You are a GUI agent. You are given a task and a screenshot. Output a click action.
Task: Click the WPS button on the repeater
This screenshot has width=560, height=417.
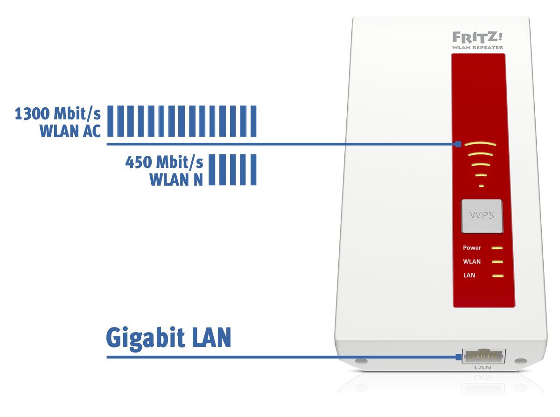point(481,216)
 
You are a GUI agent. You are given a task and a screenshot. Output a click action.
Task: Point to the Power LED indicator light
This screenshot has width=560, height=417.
point(497,248)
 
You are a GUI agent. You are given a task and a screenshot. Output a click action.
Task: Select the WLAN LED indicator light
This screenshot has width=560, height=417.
point(497,262)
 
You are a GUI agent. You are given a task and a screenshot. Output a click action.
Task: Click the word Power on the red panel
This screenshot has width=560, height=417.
point(472,248)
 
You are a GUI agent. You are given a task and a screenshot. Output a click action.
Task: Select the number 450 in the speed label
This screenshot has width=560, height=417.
point(139,163)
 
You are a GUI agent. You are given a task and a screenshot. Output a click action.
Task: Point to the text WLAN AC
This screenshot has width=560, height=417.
point(70,132)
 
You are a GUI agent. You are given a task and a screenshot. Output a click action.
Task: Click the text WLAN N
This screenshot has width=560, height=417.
point(176,180)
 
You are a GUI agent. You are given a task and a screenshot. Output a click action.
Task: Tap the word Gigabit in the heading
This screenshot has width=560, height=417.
point(144,338)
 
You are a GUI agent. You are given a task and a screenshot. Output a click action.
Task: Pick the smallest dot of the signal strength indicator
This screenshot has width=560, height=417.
point(481,186)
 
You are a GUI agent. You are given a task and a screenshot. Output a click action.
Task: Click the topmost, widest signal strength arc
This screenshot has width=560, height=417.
point(481,144)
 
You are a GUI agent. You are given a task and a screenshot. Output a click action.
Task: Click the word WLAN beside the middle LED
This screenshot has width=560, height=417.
point(472,262)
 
